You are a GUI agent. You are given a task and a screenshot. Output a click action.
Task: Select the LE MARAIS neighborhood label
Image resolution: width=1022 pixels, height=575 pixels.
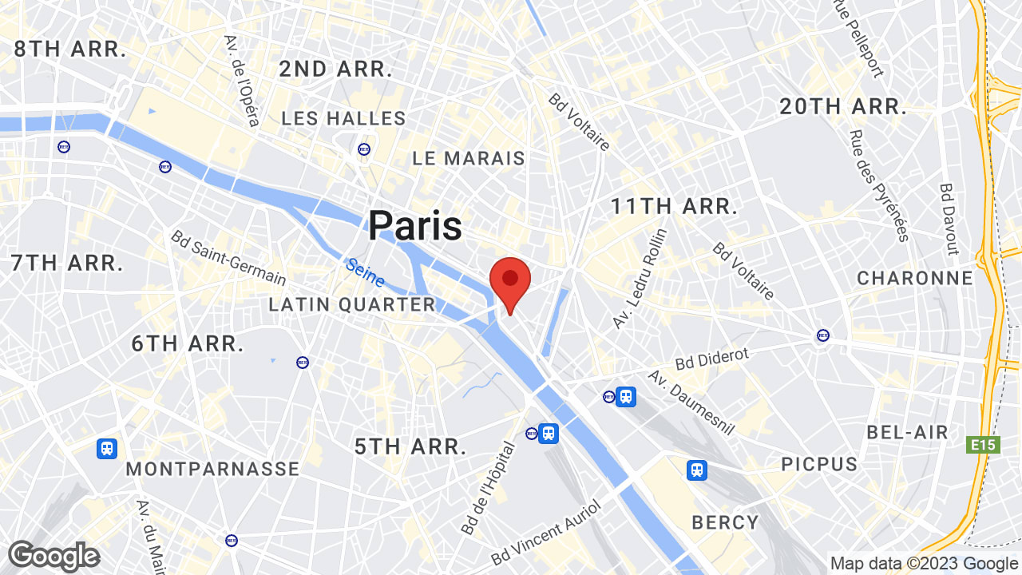click(x=469, y=159)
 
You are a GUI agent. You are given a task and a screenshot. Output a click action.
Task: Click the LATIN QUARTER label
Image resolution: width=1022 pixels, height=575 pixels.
click(x=352, y=304)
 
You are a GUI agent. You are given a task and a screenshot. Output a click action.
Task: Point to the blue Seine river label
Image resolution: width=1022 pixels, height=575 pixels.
click(x=366, y=272)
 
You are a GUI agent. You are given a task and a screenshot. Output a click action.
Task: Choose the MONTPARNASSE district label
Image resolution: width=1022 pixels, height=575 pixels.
click(x=212, y=469)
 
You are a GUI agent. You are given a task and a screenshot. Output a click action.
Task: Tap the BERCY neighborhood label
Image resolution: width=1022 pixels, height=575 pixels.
click(x=725, y=522)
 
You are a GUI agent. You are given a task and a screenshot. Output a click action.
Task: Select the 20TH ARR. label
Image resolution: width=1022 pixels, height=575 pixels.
click(x=843, y=107)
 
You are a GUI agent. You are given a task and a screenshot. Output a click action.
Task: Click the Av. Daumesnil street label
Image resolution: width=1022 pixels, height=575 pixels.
click(x=691, y=403)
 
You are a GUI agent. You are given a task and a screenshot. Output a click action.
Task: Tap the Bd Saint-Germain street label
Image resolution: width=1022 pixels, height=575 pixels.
click(x=228, y=258)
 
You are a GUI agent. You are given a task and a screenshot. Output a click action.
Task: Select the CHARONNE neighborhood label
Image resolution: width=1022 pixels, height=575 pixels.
click(x=915, y=278)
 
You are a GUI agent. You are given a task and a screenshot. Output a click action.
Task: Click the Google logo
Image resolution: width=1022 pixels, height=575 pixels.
click(x=53, y=556)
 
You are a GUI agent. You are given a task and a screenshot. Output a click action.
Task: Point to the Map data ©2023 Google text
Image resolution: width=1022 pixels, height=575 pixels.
click(x=924, y=564)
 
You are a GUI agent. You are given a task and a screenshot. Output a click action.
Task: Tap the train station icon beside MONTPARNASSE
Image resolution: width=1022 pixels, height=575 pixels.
click(x=107, y=449)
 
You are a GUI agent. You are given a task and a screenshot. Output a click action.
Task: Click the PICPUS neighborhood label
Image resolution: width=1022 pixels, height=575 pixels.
click(x=819, y=464)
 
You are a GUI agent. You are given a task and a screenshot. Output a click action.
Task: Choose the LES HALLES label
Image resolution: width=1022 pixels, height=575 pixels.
click(x=344, y=119)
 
